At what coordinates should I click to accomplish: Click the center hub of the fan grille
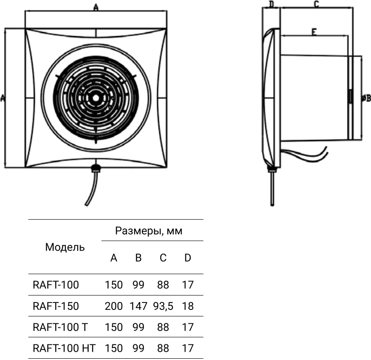[x=96, y=98]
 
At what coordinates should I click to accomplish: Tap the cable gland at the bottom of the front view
[x=96, y=168]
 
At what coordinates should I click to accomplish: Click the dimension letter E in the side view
[x=314, y=32]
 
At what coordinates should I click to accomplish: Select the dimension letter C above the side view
[x=316, y=4]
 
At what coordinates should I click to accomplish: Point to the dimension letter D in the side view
[x=271, y=4]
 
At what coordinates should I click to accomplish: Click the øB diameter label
[x=366, y=98]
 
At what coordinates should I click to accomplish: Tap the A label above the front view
[x=96, y=7]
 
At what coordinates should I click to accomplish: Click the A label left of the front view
[x=3, y=98]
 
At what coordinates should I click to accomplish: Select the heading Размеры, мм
[x=148, y=231]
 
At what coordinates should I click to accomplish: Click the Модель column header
[x=65, y=247]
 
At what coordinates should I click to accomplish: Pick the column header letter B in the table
[x=138, y=258]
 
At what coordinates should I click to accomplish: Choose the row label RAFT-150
[x=56, y=306]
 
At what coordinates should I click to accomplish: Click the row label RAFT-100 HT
[x=64, y=348]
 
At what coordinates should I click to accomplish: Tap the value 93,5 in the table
[x=163, y=306]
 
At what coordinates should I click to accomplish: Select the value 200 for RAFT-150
[x=114, y=306]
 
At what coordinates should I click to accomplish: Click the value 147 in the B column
[x=138, y=306]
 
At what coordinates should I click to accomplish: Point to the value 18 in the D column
[x=188, y=306]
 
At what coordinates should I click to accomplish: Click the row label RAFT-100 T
[x=60, y=327]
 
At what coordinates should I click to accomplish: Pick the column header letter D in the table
[x=188, y=258]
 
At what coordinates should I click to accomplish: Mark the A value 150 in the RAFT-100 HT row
[x=114, y=348]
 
